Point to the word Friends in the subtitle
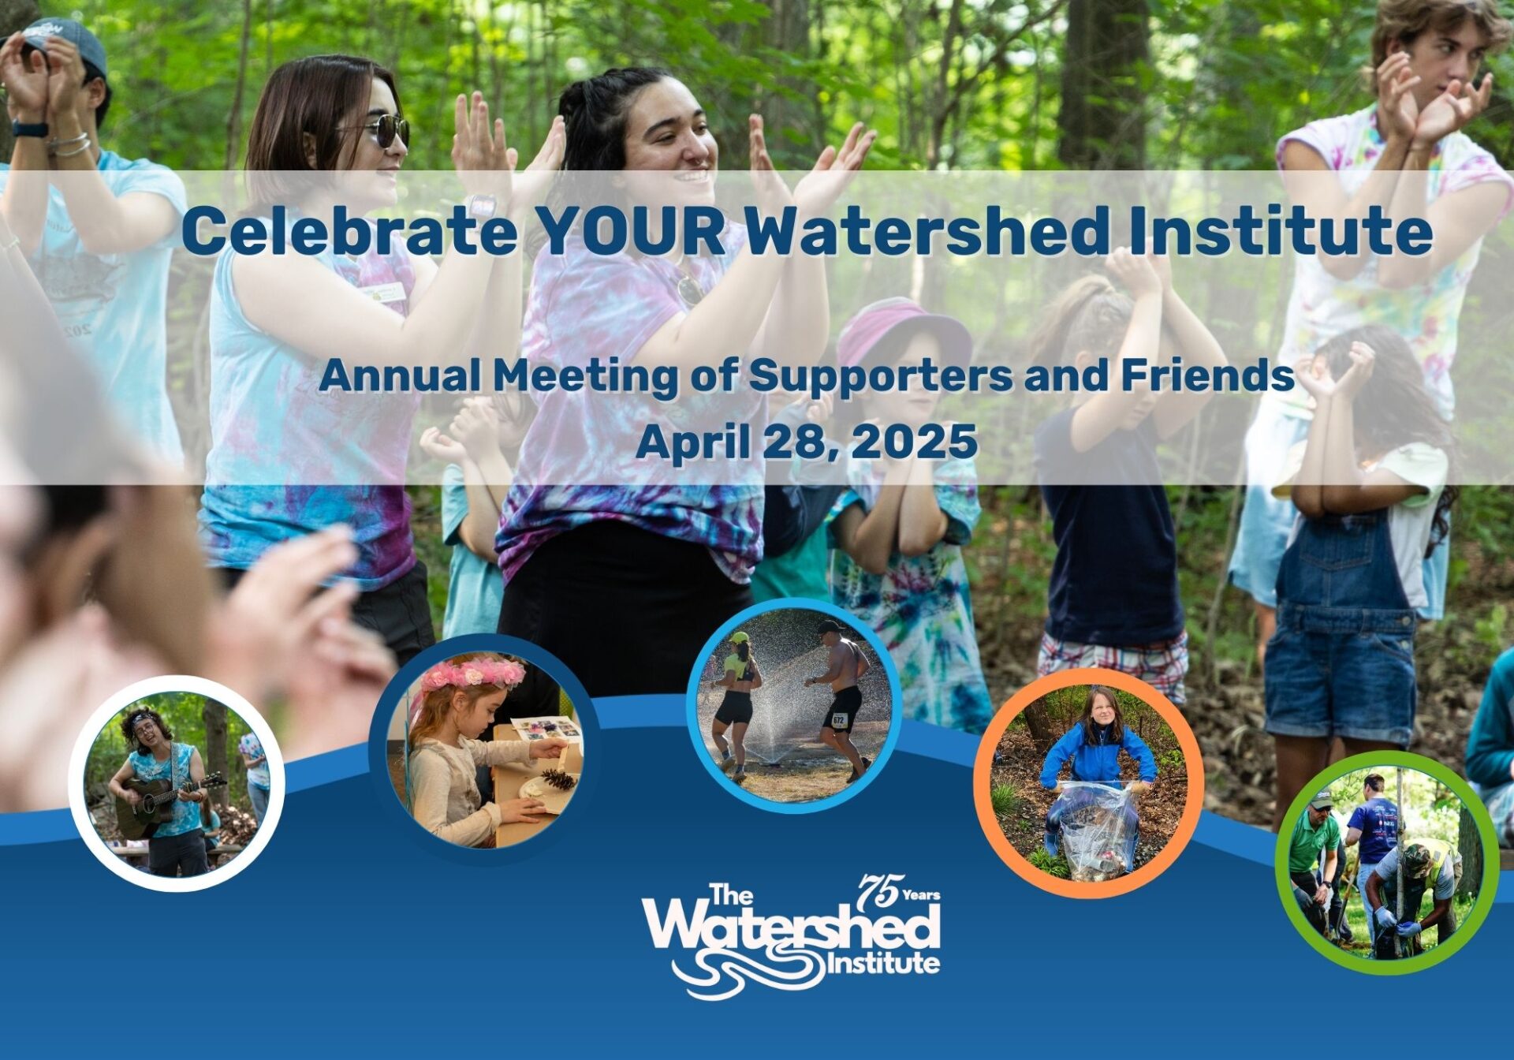coord(1207,375)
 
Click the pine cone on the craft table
coord(558,779)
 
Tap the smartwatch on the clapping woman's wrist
coord(481,207)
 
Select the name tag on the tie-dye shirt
coord(386,294)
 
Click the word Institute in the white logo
coord(882,963)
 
